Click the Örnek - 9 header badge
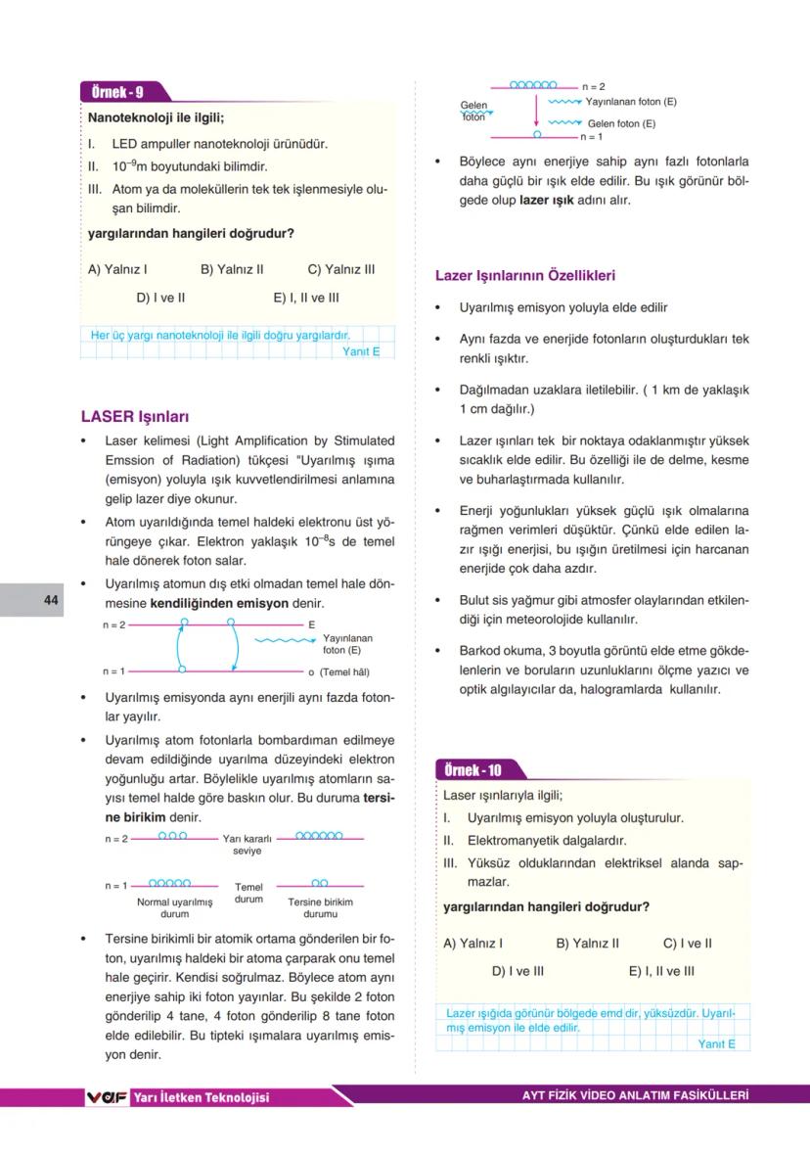(117, 93)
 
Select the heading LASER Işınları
(135, 417)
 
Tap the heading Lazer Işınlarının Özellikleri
(525, 276)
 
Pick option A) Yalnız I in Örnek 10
(473, 944)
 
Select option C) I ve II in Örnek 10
(688, 944)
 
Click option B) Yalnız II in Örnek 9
(232, 269)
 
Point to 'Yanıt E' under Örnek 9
(361, 351)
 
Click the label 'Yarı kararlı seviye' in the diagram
(247, 845)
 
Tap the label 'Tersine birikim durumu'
(320, 907)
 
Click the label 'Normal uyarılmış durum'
(174, 907)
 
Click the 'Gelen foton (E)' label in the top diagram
(621, 124)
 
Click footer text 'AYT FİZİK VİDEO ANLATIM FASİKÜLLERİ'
(635, 1096)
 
